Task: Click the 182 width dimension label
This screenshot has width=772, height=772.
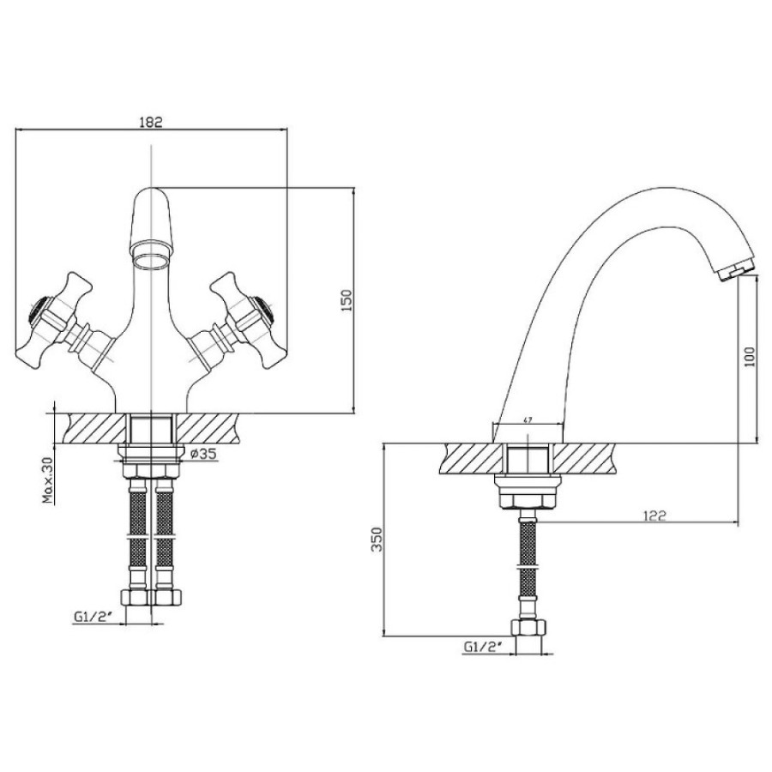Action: (151, 122)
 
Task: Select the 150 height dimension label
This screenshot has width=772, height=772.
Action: (347, 300)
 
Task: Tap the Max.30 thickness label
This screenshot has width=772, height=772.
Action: (48, 479)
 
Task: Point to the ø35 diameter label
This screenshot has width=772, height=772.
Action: (202, 454)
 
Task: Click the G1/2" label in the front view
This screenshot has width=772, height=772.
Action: (91, 617)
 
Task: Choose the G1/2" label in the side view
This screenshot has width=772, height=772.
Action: (482, 647)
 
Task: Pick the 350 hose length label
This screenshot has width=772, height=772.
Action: (377, 540)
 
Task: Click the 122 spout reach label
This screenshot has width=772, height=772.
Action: (654, 516)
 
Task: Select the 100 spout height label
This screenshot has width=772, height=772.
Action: (750, 357)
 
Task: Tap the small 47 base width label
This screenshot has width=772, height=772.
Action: (528, 420)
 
